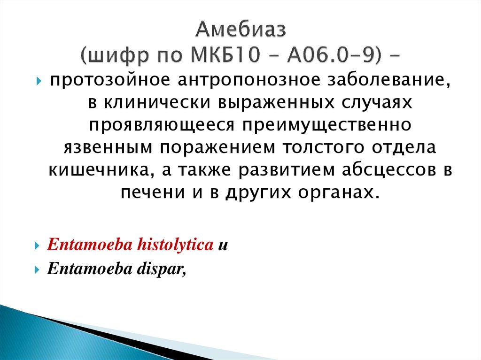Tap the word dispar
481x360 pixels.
pos(166,271)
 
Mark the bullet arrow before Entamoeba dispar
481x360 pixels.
pos(37,271)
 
